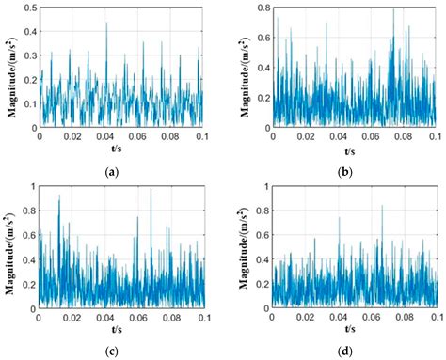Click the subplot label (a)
pyautogui.click(x=114, y=173)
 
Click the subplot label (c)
pyautogui.click(x=114, y=352)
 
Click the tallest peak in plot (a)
pyautogui.click(x=106, y=23)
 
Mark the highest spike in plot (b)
pyautogui.click(x=394, y=10)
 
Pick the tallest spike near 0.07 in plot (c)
pyautogui.click(x=151, y=190)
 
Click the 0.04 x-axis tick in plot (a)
pyautogui.click(x=105, y=136)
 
